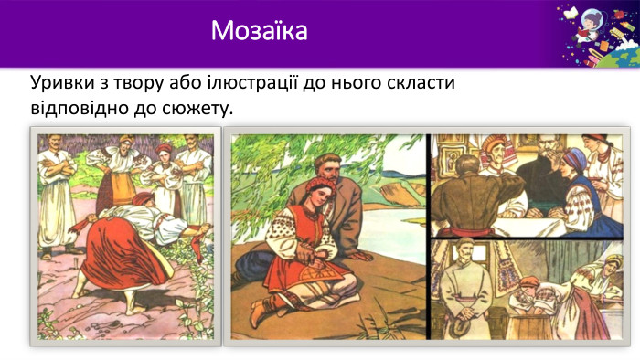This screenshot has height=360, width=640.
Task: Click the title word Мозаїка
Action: (x=259, y=31)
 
